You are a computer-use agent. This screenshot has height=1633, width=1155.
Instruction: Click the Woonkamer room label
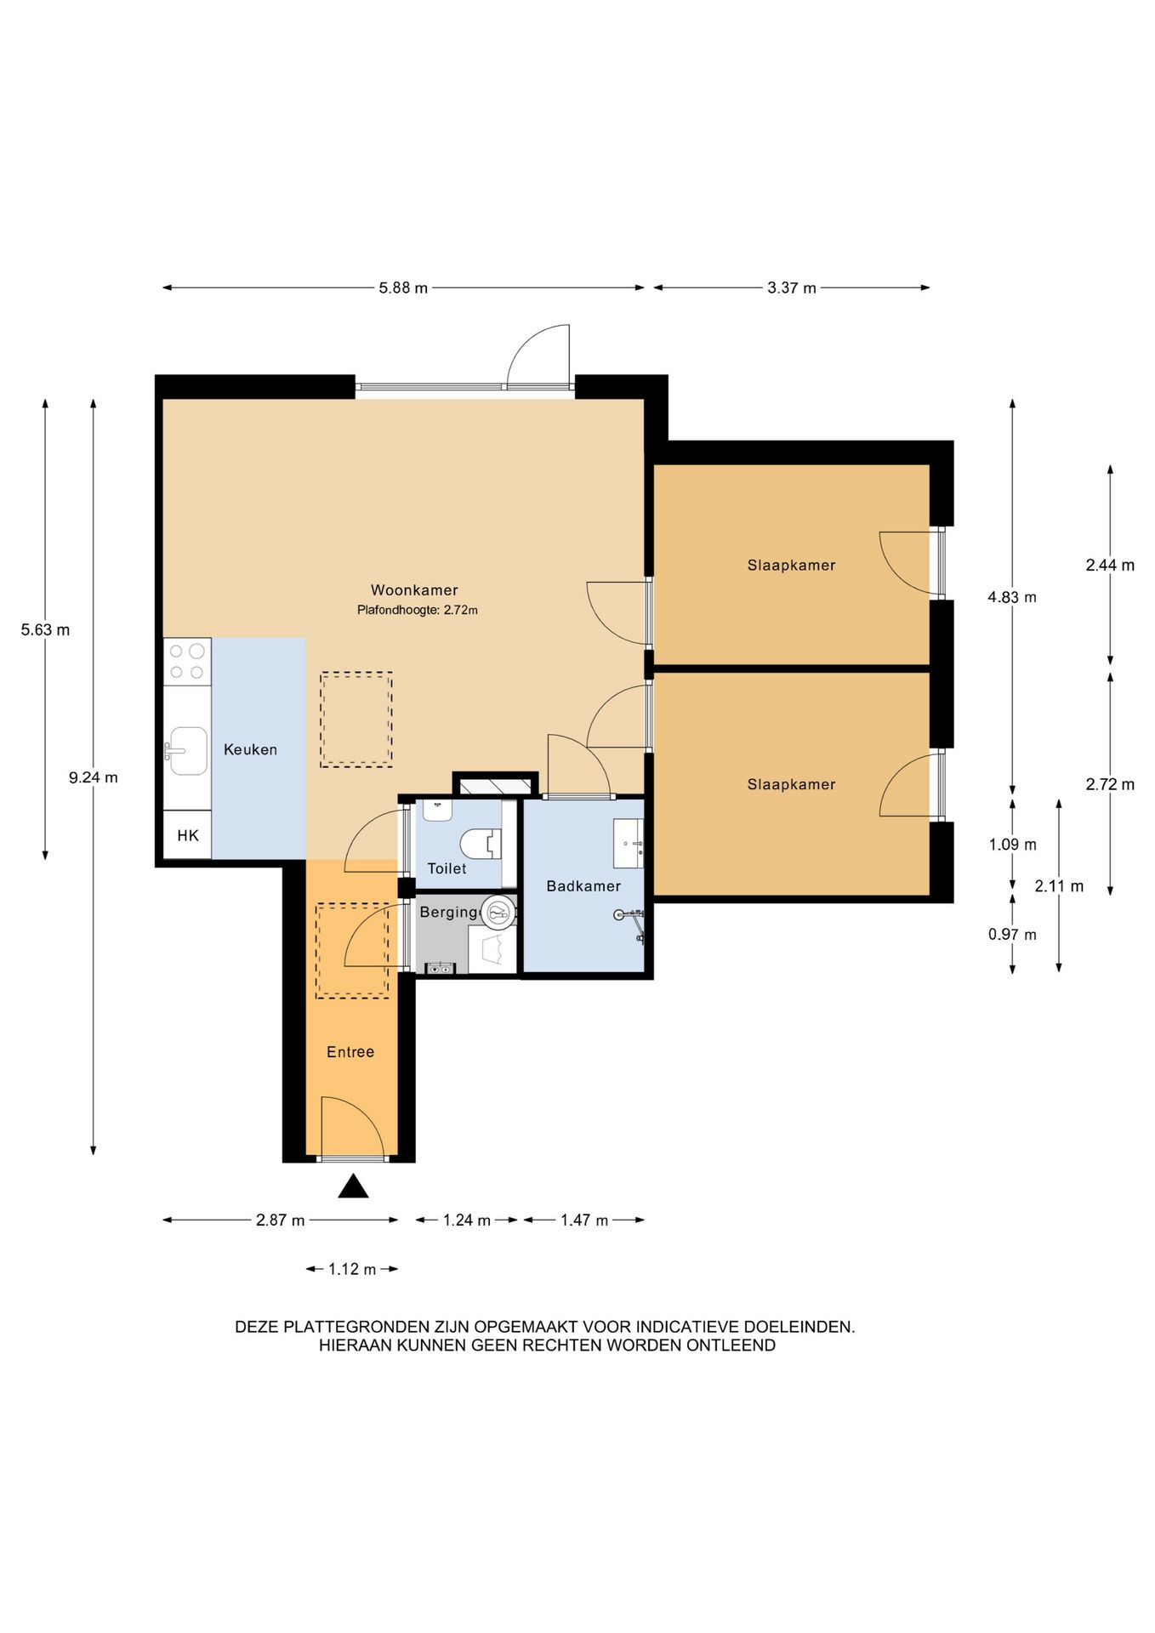point(414,590)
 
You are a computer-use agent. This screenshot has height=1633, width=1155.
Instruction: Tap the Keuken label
point(250,749)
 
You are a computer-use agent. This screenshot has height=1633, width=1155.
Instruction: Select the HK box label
point(188,835)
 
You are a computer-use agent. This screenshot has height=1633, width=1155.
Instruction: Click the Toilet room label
point(447,868)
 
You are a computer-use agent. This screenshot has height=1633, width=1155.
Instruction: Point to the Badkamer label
point(583,886)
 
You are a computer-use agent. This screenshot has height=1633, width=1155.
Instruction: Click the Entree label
point(350,1052)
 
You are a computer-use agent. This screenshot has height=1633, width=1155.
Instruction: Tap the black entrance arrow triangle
point(353,1186)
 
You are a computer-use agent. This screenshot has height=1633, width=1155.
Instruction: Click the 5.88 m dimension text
point(403,288)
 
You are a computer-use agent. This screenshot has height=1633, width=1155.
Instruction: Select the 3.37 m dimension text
point(792,288)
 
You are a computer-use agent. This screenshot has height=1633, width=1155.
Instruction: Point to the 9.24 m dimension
point(94,777)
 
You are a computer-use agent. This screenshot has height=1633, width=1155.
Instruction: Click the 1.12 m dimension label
point(352,1270)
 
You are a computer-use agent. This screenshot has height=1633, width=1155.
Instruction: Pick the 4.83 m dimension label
point(1012,597)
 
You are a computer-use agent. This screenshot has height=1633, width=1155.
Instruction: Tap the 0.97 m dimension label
point(1012,935)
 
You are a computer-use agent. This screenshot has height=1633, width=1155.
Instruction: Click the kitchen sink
point(186,751)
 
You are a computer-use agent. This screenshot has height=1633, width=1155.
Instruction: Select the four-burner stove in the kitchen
point(187,662)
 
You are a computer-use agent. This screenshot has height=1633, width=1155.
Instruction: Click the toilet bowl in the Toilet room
point(478,844)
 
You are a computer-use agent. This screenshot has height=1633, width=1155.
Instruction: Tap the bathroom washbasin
point(629,844)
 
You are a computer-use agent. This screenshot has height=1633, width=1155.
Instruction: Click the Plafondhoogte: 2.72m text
point(418,610)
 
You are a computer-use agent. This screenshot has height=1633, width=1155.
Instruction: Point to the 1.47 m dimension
point(583,1220)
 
